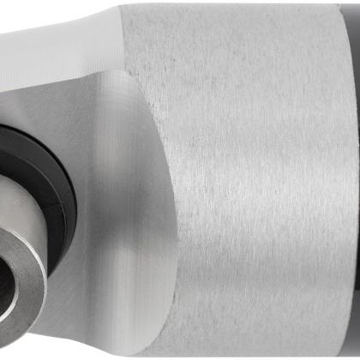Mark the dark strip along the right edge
click(x=354, y=171)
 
